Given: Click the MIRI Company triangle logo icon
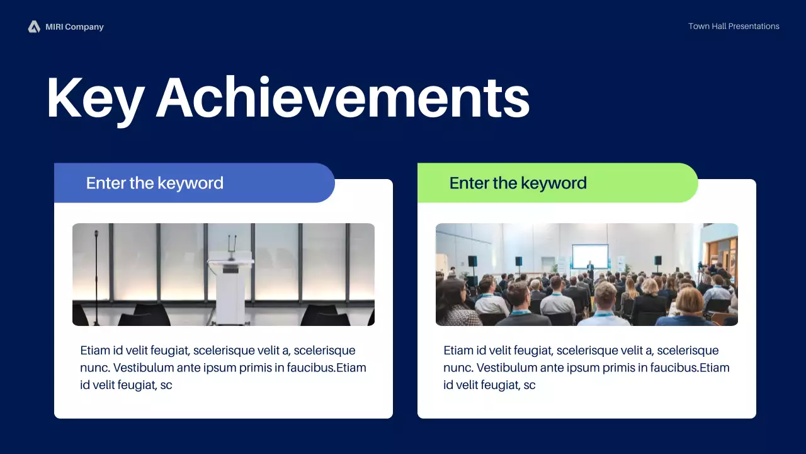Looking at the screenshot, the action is coord(34,26).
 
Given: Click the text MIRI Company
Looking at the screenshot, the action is coord(74,27).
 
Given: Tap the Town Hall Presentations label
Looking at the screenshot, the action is coord(734,26).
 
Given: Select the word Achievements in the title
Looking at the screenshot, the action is coord(343,97).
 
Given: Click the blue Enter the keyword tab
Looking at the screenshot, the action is coord(195,183).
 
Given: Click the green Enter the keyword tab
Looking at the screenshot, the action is coord(558,183).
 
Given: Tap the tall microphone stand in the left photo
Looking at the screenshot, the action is coord(96,278).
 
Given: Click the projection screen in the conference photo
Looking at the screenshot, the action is coord(590,256).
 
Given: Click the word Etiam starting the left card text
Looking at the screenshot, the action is coord(95,350).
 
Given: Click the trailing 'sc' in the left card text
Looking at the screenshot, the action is coord(166,385).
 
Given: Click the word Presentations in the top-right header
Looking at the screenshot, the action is coord(754,26).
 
